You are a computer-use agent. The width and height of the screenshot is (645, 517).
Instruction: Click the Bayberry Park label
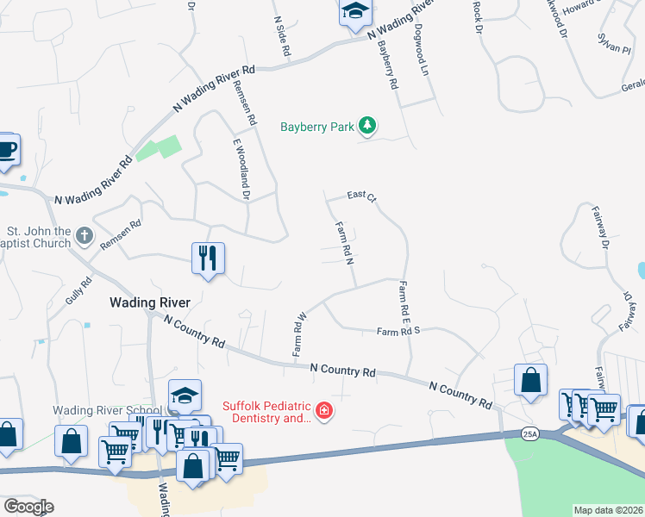316,127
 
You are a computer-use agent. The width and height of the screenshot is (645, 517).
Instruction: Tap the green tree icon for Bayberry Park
368,126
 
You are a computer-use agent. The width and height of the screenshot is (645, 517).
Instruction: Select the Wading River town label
148,302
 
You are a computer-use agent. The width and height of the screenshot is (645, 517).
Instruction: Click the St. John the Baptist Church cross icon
84,234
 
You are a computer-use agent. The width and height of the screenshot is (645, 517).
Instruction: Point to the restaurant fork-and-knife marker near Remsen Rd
208,257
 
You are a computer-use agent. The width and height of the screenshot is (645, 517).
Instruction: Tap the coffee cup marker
6,149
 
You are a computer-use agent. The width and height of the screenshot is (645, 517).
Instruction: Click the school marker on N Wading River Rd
354,12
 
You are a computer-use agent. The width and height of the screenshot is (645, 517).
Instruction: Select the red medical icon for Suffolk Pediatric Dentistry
324,411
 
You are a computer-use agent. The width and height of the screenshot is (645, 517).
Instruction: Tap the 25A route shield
529,434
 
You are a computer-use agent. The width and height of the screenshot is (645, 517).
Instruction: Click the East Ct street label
362,196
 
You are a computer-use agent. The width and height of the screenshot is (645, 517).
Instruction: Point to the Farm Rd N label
345,242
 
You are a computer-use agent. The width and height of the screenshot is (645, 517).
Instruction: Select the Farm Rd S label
398,331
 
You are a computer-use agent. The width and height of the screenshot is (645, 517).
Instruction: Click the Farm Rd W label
299,334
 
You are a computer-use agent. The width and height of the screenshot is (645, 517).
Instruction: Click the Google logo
28,507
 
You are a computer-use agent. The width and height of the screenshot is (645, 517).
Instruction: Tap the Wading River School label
107,410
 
